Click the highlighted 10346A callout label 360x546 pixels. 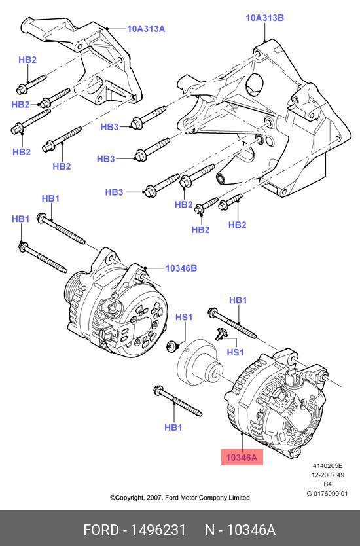pyautogui.click(x=242, y=457)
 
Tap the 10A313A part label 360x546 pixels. pyautogui.click(x=146, y=29)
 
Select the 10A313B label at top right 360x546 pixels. pyautogui.click(x=265, y=18)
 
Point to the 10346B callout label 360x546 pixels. pyautogui.click(x=181, y=268)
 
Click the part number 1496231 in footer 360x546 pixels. pyautogui.click(x=158, y=530)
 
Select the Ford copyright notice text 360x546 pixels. pyautogui.click(x=179, y=498)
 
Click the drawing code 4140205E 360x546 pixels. pyautogui.click(x=327, y=465)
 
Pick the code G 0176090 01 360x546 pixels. pyautogui.click(x=327, y=494)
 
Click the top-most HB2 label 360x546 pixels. pyautogui.click(x=27, y=60)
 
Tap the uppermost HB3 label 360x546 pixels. pyautogui.click(x=109, y=127)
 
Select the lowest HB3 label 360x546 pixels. pyautogui.click(x=114, y=192)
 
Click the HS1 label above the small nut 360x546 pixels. pyautogui.click(x=184, y=318)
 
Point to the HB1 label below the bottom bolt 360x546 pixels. pyautogui.click(x=173, y=428)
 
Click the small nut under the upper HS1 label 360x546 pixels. pyautogui.click(x=171, y=347)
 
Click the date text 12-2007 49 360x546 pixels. pyautogui.click(x=328, y=475)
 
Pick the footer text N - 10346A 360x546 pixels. pyautogui.click(x=240, y=530)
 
